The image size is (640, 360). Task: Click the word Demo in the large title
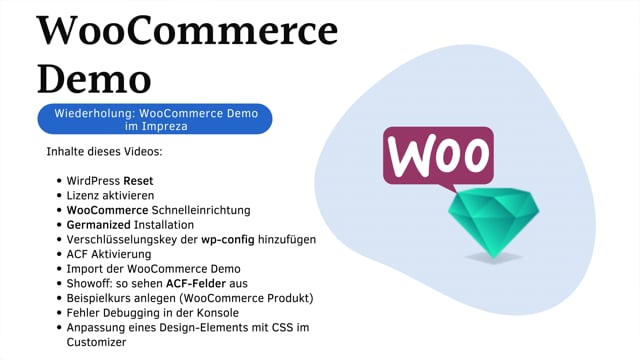coord(95,79)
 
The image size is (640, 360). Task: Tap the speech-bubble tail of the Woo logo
coord(451,187)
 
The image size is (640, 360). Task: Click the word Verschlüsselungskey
coord(124,240)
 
